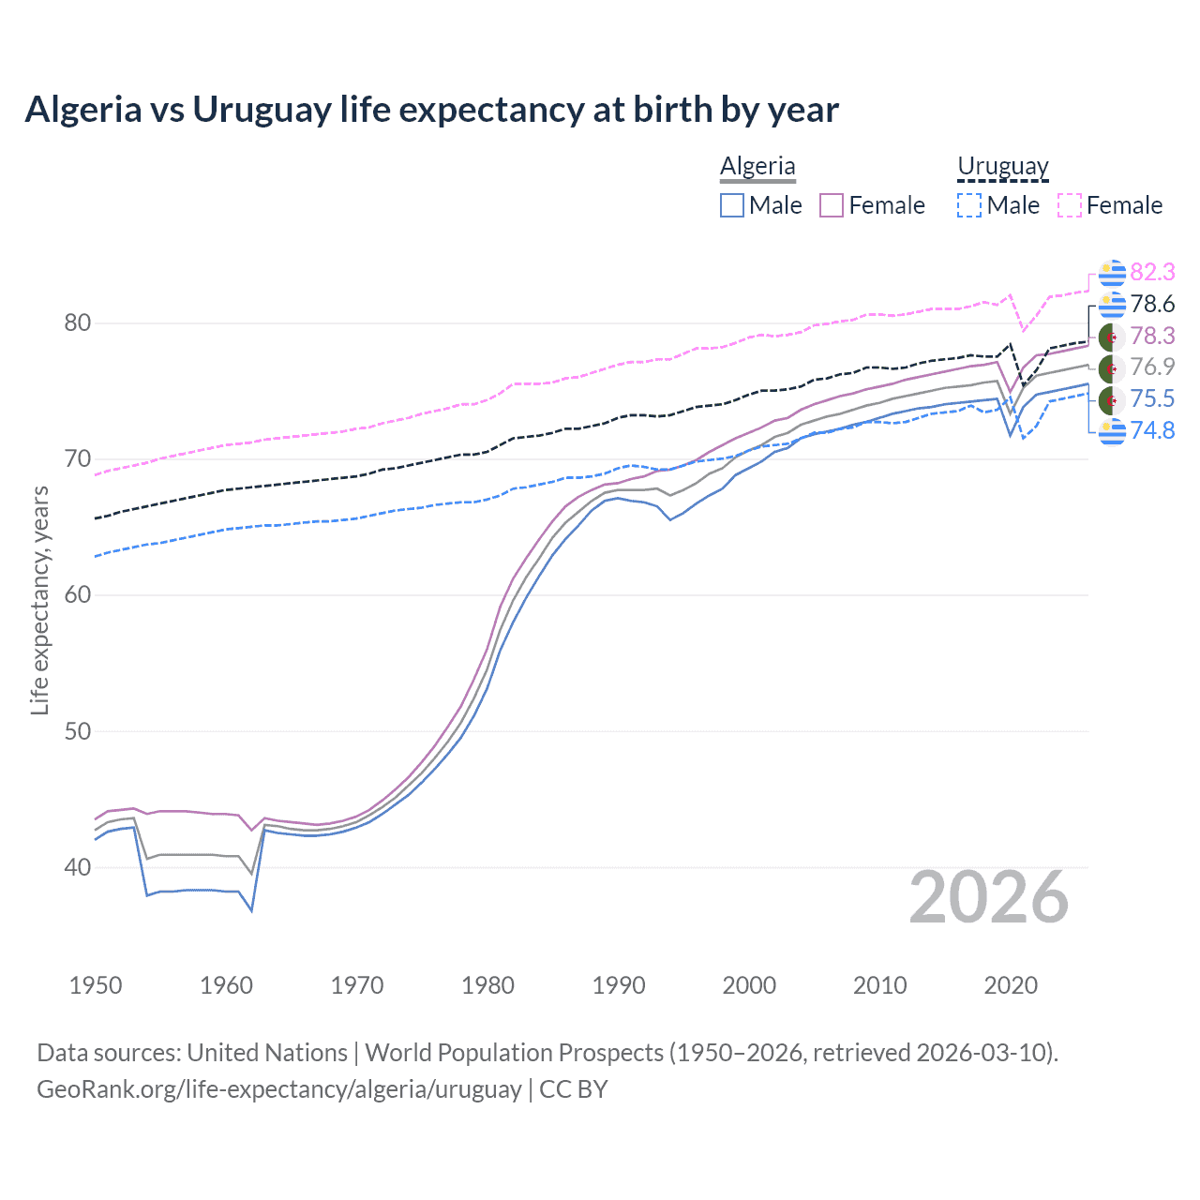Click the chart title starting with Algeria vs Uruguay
tap(431, 110)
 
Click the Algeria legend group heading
tap(757, 166)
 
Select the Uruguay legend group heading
tap(1002, 166)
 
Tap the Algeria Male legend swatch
tap(732, 205)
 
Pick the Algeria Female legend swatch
tap(832, 205)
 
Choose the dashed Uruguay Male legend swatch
tap(969, 205)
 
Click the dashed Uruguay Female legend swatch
tap(1070, 205)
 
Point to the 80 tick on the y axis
tap(78, 322)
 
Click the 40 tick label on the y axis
tap(78, 867)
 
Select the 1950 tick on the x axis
tap(96, 985)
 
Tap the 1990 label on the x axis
tap(619, 985)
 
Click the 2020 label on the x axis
tap(1011, 985)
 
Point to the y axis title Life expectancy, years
tap(39, 600)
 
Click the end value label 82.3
tap(1152, 272)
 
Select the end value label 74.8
tap(1152, 430)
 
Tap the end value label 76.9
tap(1152, 367)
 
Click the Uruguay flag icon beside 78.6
tap(1112, 304)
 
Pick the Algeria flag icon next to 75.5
tap(1112, 398)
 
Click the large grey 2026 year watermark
tap(988, 897)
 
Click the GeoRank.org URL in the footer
tap(278, 1089)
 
